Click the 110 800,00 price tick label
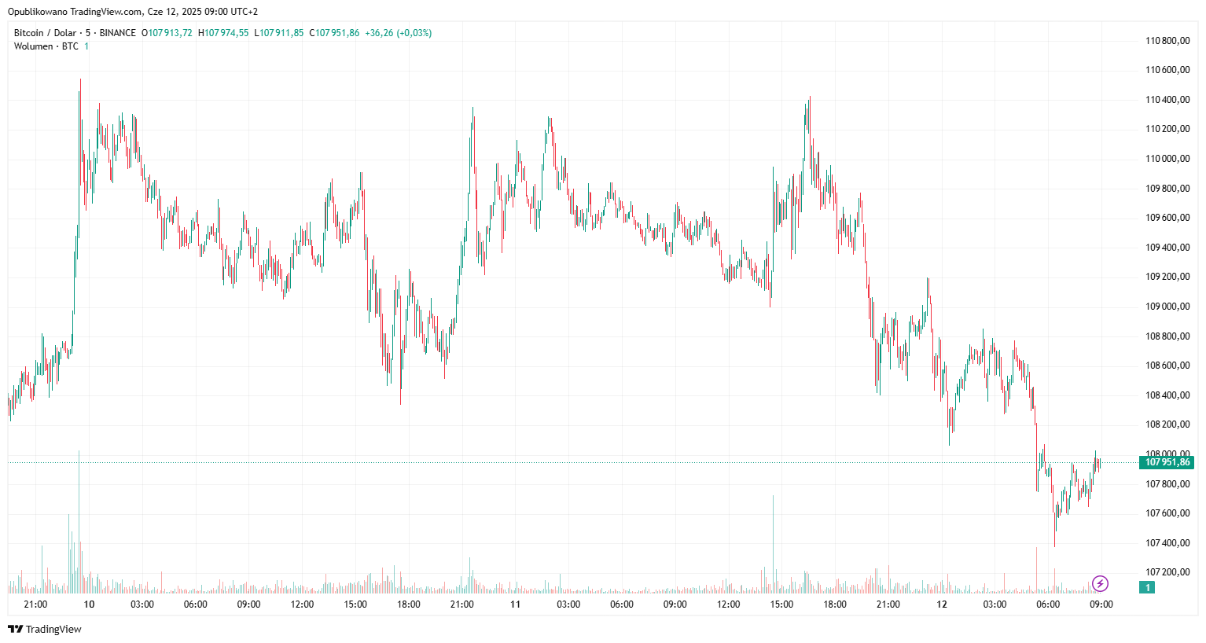1167,41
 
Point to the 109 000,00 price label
1167,307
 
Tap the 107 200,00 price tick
1167,572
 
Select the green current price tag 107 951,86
1167,462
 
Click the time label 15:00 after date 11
781,604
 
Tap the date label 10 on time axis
89,604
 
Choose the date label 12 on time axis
941,604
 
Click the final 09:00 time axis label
1101,604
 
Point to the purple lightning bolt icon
1100,583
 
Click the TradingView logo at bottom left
45,629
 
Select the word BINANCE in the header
118,33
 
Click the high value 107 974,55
226,33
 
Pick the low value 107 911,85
281,33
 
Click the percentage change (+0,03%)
414,33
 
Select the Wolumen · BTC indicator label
46,46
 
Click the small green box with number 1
1147,587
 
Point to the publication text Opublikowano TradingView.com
75,12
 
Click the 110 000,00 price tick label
1167,159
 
